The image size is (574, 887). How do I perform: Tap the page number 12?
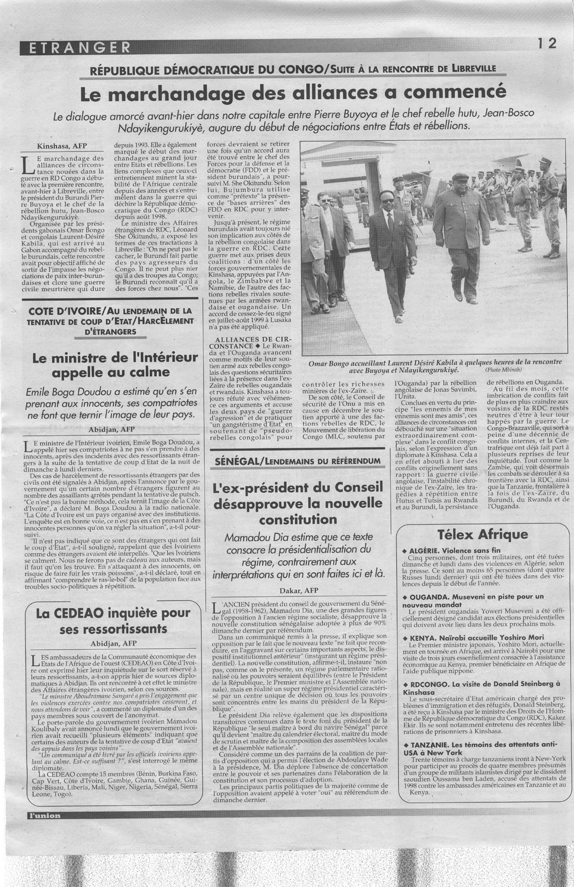pos(546,44)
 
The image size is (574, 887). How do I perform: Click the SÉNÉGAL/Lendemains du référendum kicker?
pos(298,461)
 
